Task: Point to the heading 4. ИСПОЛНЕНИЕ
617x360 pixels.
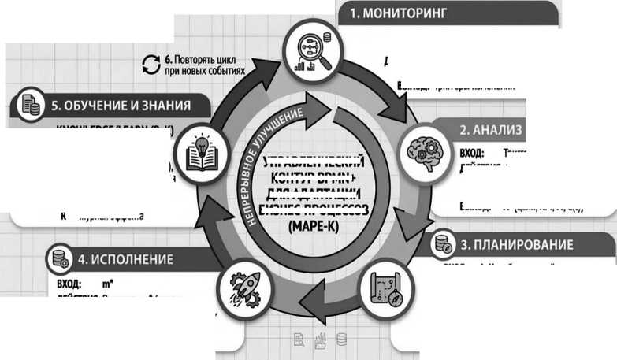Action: point(125,258)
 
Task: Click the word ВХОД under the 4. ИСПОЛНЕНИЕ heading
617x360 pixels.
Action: point(70,281)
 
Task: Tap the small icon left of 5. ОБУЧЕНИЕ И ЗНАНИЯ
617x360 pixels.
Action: point(31,104)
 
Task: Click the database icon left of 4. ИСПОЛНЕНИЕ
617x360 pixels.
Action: point(59,258)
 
